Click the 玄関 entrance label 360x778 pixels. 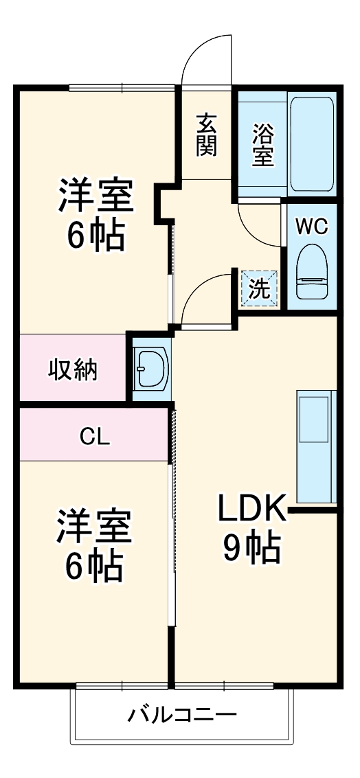[206, 135]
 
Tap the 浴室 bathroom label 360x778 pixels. [262, 145]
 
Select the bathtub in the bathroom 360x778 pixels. [311, 144]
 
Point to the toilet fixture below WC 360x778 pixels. [311, 273]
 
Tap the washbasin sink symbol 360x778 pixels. [151, 369]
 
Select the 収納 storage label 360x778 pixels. [72, 370]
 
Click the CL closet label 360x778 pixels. [95, 436]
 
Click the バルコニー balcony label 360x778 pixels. [183, 716]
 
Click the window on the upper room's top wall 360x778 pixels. [122, 87]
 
